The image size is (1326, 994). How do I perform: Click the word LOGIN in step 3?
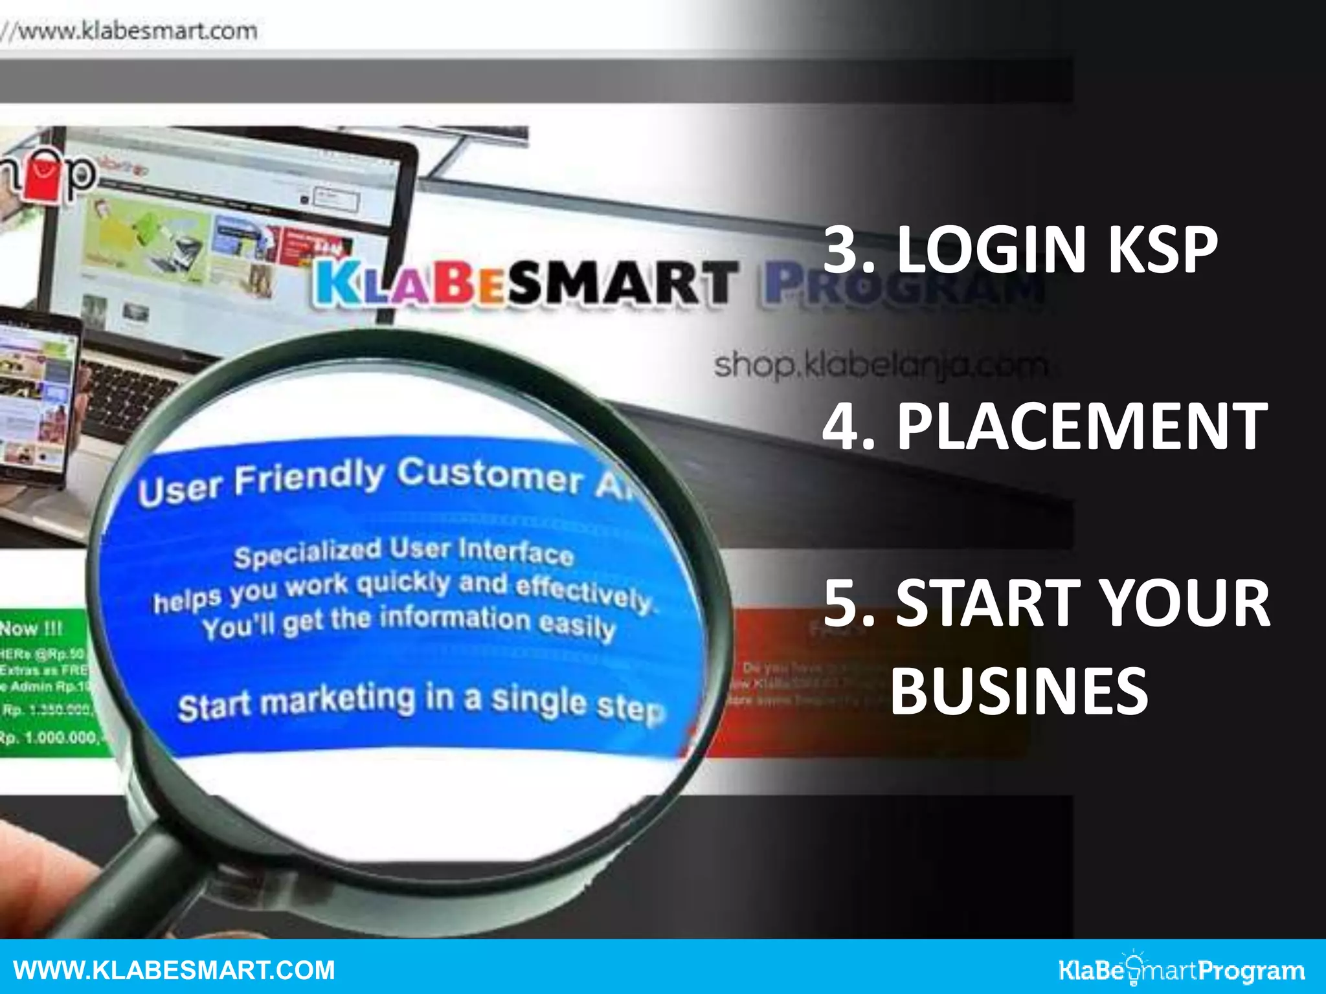991,250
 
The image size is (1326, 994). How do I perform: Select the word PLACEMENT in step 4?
1081,426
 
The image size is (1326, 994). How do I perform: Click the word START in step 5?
988,603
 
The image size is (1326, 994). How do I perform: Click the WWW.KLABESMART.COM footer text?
174,970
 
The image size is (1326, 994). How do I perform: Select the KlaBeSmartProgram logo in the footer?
1182,970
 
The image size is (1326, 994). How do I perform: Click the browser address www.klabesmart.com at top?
136,31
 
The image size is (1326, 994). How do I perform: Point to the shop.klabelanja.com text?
881,366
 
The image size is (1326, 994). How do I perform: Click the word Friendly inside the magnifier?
309,479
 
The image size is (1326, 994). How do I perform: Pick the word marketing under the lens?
341,701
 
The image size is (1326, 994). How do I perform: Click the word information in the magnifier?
455,618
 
